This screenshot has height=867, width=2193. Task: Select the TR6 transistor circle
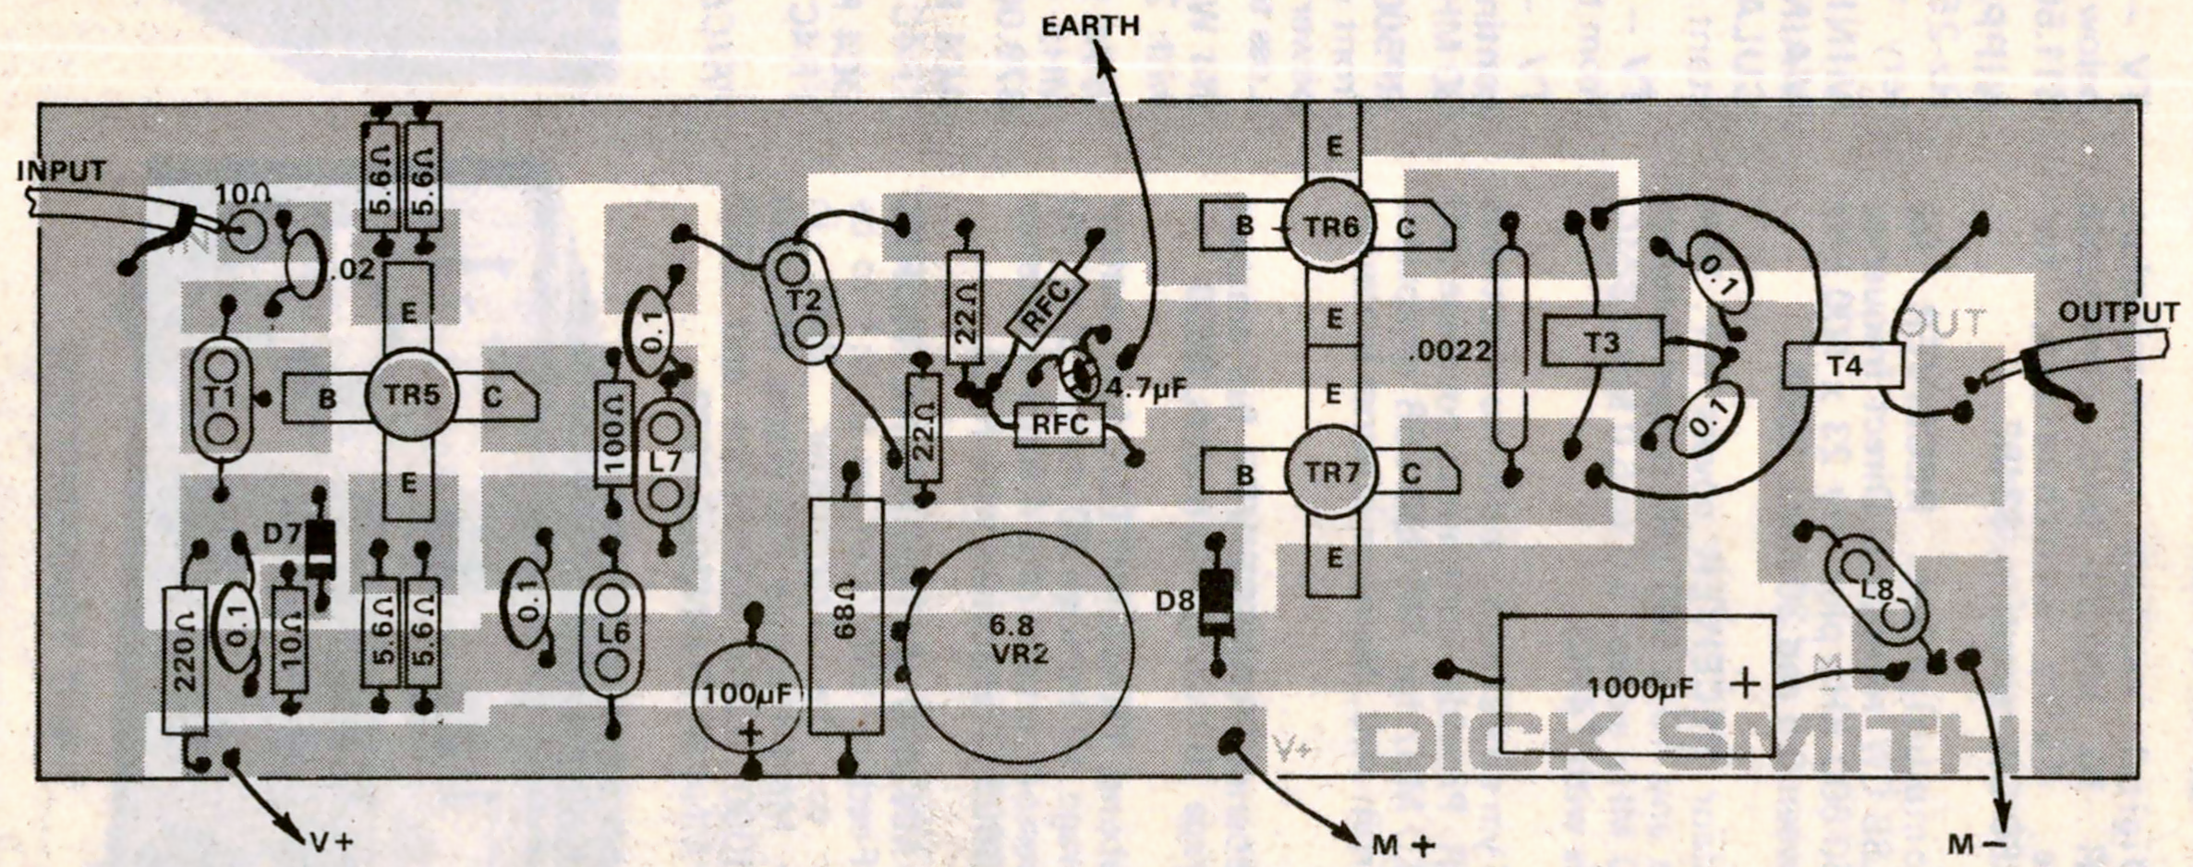[x=1330, y=226]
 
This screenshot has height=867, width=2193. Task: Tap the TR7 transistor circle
[x=1330, y=474]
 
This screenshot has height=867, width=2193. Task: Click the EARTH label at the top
[x=1090, y=26]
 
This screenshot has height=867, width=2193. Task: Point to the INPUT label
[x=61, y=172]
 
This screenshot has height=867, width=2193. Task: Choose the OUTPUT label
[x=2118, y=313]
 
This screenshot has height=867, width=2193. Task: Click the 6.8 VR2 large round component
[x=1019, y=639]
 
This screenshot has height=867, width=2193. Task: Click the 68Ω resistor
[x=845, y=616]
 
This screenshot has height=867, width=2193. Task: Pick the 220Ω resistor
[x=183, y=660]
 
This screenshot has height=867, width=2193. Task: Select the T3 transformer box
[x=1602, y=343]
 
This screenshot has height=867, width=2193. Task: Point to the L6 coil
[x=611, y=632]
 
